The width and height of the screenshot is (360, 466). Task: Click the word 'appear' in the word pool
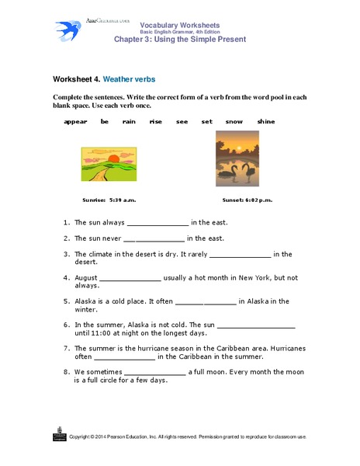[x=75, y=122]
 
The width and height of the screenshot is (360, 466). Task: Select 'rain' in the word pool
[x=129, y=122]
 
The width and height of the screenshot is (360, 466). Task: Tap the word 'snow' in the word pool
[x=234, y=122]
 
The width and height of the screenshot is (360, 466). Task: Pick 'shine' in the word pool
[x=266, y=122]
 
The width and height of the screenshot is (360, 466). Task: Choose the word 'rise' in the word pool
[x=155, y=122]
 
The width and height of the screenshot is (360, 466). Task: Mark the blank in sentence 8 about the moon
[x=154, y=374]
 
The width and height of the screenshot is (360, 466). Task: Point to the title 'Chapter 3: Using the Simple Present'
[x=179, y=39]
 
